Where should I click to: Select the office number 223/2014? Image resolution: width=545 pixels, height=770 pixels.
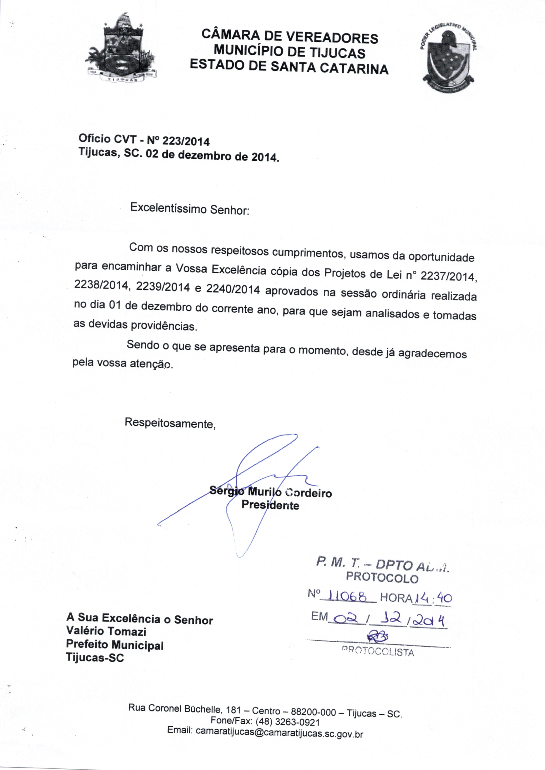pos(186,141)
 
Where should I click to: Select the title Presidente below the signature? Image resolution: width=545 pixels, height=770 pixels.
pos(270,505)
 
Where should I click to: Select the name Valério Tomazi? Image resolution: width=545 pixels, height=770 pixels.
pos(106,631)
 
